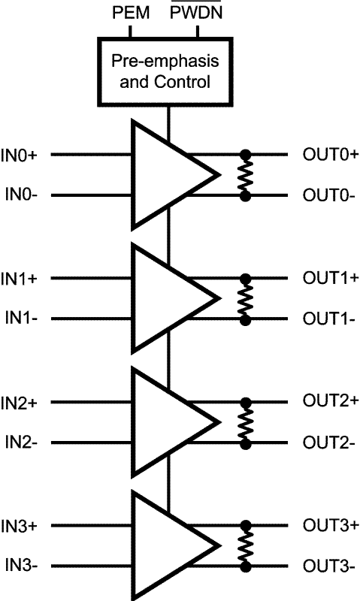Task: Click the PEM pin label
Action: coord(131,12)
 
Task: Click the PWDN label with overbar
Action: coord(197,13)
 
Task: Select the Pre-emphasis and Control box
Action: coord(167,71)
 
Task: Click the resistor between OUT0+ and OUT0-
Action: coord(244,175)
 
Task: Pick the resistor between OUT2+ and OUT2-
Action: coord(244,422)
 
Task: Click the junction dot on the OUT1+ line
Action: coord(244,278)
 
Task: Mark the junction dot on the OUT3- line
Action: coord(244,566)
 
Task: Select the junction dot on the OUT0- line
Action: coord(244,195)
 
